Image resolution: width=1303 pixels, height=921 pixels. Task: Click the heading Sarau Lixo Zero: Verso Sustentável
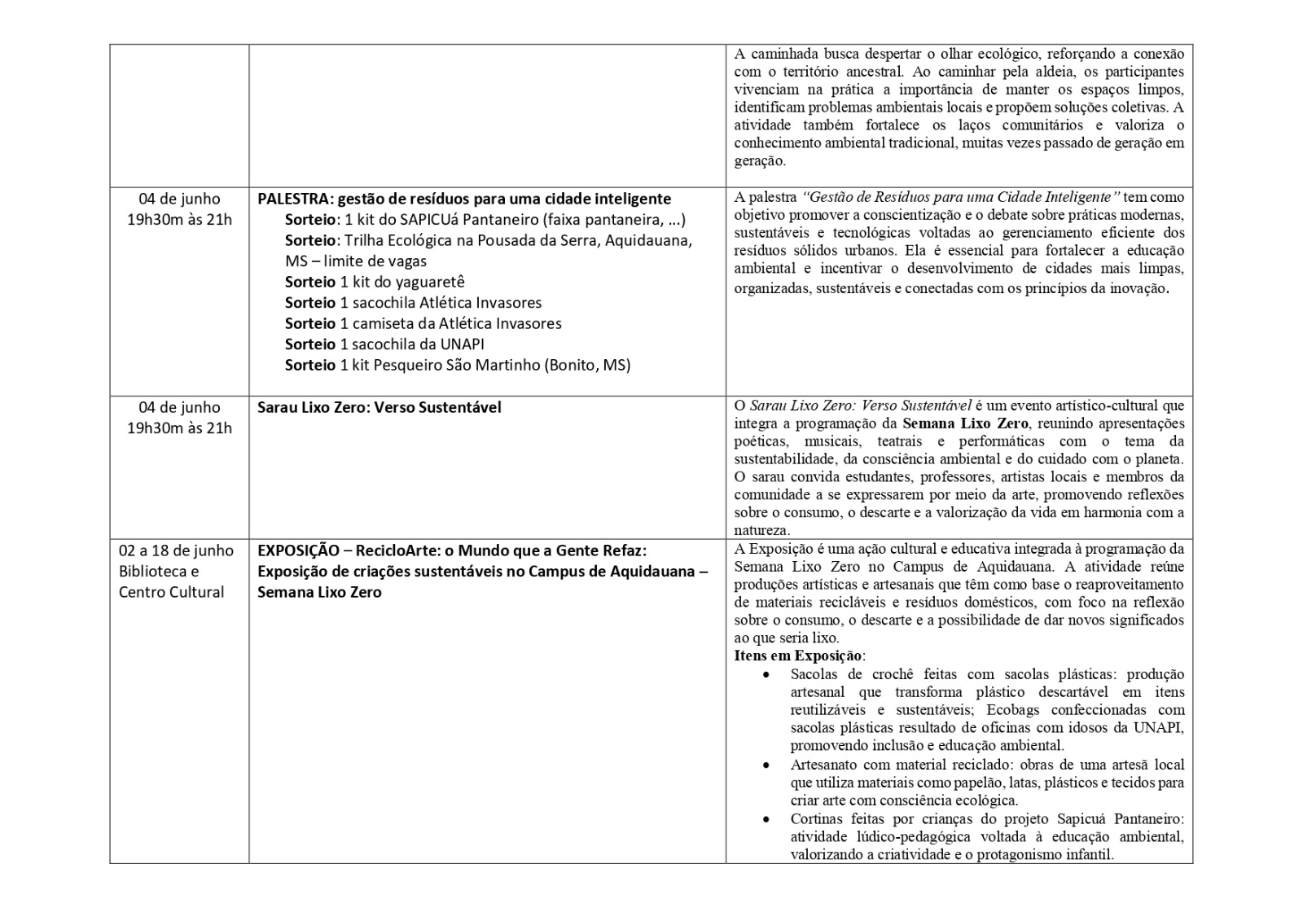(379, 407)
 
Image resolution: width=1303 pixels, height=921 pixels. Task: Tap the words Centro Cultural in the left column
(171, 592)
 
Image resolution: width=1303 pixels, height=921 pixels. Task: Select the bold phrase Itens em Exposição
(798, 656)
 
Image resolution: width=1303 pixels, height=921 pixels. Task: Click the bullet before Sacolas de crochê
(766, 675)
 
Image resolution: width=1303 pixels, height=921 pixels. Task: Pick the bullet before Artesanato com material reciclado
(766, 765)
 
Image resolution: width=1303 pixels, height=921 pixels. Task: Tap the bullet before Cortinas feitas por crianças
(766, 819)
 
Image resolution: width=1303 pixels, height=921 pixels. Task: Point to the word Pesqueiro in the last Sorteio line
(408, 365)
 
